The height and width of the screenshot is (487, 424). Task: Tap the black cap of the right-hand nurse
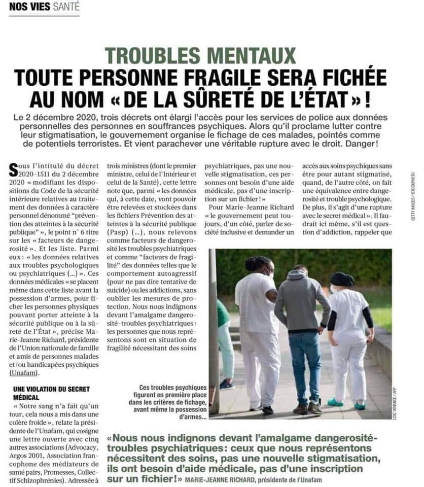tap(342, 279)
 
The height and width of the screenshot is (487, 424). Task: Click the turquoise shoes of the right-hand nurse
tap(345, 403)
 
